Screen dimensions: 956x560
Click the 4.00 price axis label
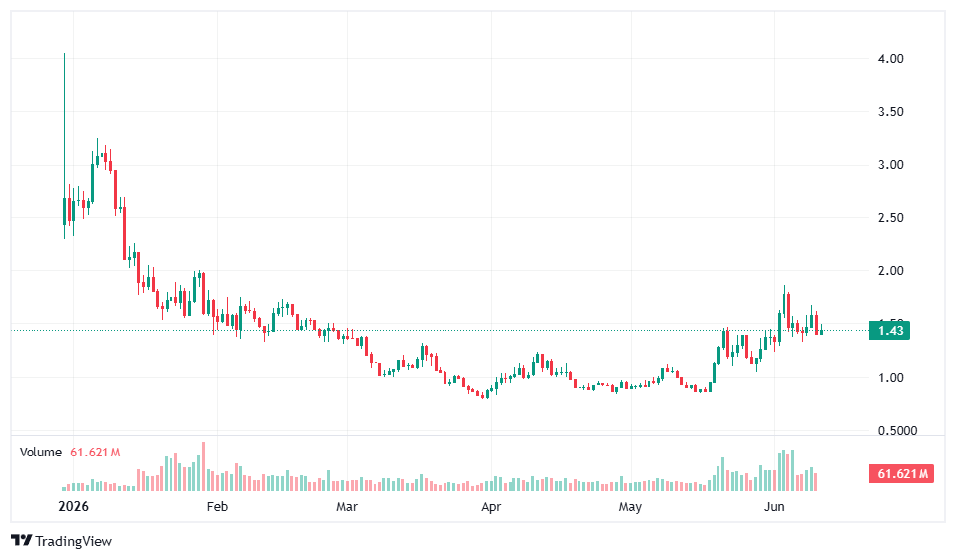(890, 59)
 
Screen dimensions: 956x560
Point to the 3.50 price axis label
(890, 112)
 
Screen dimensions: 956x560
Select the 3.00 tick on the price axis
(890, 165)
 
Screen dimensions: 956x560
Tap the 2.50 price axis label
(890, 218)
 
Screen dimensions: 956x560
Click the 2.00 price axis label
(890, 271)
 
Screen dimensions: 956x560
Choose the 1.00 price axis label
(890, 378)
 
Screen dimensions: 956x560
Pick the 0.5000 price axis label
(897, 431)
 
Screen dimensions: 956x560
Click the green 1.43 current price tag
(890, 330)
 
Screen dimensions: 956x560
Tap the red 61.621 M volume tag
(902, 474)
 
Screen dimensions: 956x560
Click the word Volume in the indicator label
(40, 453)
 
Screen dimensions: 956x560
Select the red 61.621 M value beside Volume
(96, 453)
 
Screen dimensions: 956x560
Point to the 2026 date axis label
(73, 507)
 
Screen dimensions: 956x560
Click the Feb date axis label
(217, 507)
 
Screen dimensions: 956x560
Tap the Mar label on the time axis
(347, 507)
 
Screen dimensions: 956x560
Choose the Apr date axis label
(491, 507)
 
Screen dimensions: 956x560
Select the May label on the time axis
(630, 507)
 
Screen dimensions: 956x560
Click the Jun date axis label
(774, 507)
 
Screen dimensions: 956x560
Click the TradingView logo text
(74, 541)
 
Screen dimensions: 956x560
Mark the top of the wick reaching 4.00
(65, 54)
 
